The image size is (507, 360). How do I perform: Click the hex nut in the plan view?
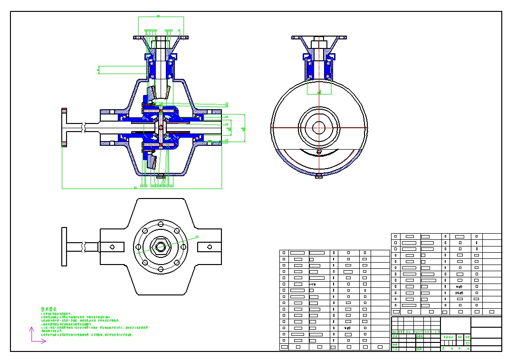tap(161, 246)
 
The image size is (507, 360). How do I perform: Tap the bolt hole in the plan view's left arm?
tap(113, 247)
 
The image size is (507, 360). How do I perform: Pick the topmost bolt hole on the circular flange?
tap(161, 222)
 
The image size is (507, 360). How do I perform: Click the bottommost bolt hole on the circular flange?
tap(161, 271)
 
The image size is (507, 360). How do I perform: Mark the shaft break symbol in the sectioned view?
tap(84, 128)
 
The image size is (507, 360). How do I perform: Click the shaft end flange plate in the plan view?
tap(64, 247)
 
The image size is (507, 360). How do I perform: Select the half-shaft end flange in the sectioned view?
tap(64, 128)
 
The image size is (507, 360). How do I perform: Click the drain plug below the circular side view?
tap(318, 177)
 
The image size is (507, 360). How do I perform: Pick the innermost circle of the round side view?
tap(318, 127)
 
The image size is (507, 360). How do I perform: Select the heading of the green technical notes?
tap(52, 309)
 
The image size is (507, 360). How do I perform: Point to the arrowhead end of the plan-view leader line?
tap(197, 237)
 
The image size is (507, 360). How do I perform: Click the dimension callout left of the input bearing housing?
tap(98, 70)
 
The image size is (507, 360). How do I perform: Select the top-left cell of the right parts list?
tap(396, 236)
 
